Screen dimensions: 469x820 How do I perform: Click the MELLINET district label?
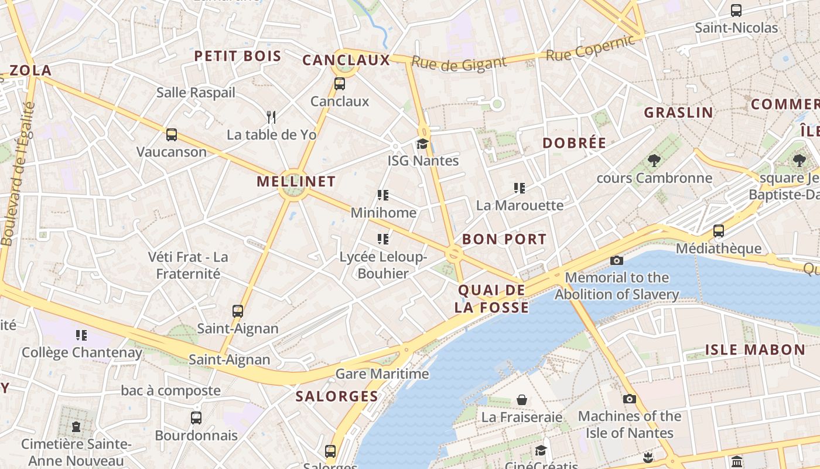click(296, 181)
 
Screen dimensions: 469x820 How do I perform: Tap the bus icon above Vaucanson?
click(171, 135)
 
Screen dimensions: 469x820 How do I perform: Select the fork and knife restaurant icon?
click(271, 117)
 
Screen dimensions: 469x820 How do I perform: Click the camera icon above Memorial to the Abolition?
click(616, 260)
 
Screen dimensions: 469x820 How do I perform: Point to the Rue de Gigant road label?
click(458, 63)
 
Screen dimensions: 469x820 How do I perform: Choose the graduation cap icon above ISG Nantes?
click(422, 144)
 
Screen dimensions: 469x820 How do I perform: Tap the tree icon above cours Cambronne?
click(654, 160)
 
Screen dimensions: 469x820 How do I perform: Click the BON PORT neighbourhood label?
click(504, 239)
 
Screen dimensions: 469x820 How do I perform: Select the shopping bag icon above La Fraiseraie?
click(521, 400)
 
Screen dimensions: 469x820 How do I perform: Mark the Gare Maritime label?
click(382, 373)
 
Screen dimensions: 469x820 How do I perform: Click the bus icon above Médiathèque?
click(718, 231)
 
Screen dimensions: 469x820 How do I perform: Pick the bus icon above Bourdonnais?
click(196, 418)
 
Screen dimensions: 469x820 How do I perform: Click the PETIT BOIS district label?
click(237, 56)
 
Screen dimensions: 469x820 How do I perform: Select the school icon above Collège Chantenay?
click(81, 335)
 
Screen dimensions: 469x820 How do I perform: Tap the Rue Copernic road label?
click(590, 48)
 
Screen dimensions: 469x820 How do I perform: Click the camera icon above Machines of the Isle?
click(629, 399)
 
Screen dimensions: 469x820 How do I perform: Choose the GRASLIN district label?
click(678, 113)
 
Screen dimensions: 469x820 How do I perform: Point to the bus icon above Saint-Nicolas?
click(736, 11)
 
